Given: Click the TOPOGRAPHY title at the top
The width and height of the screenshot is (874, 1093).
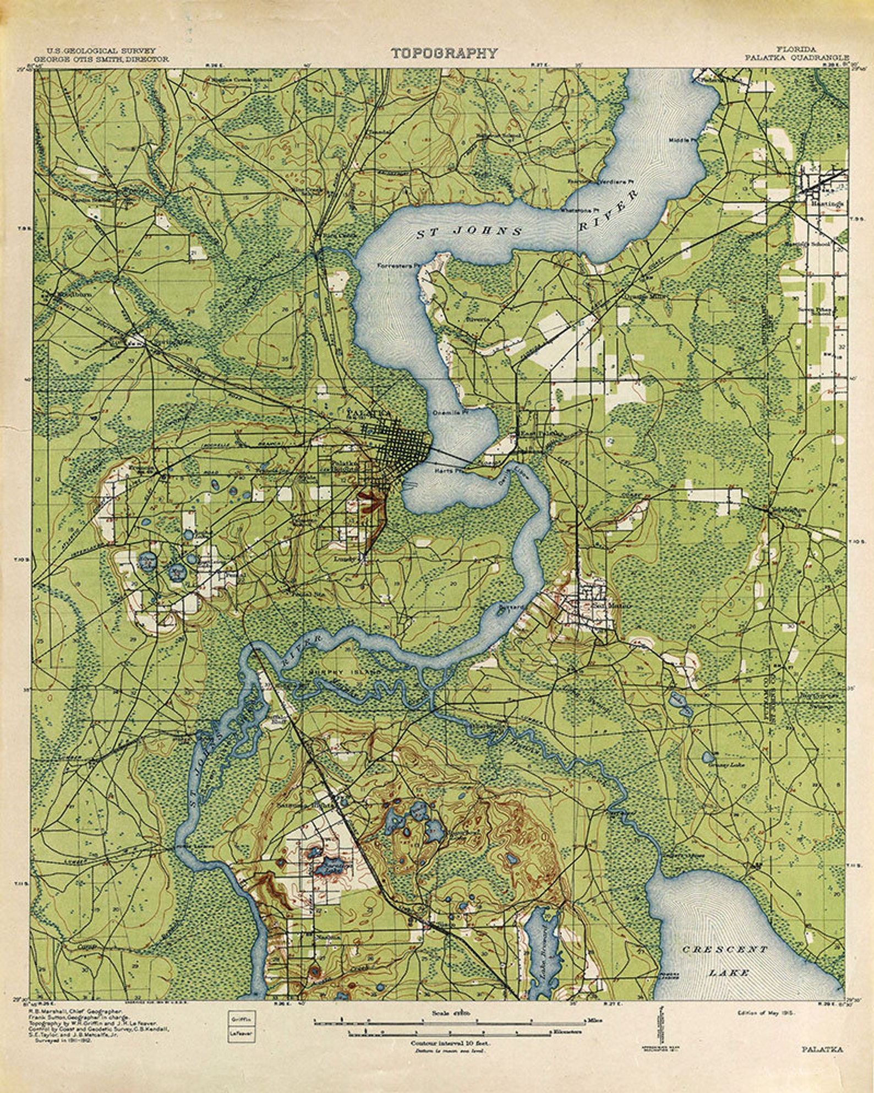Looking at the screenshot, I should pos(444,53).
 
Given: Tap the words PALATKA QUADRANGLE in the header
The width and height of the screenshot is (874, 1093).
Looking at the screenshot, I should pos(797,57).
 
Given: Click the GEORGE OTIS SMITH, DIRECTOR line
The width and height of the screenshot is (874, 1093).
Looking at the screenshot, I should pos(101,58).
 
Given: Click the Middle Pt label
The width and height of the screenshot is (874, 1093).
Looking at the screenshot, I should pos(682,140).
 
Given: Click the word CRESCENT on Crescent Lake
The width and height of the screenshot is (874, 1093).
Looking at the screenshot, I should pos(724,949).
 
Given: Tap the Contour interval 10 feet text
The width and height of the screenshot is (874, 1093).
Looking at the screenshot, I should pos(450,1043).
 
